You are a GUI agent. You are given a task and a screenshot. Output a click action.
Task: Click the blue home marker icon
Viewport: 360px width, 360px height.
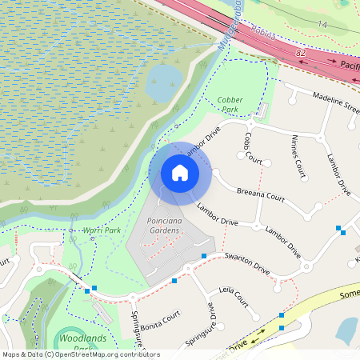(x=180, y=172)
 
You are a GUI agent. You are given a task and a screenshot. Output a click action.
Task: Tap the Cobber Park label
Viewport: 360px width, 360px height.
(x=231, y=105)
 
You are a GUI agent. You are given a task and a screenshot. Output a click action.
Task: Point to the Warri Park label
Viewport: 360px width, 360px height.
(x=102, y=231)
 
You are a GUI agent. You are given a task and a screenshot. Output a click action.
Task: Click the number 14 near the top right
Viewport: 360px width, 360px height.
(x=322, y=26)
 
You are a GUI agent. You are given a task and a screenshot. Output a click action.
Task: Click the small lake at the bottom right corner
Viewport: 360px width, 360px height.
(x=348, y=329)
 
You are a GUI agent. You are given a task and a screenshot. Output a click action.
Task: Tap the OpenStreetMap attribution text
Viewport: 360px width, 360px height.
(x=81, y=354)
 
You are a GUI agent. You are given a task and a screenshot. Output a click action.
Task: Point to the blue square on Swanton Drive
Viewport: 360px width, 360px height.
(x=204, y=256)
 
